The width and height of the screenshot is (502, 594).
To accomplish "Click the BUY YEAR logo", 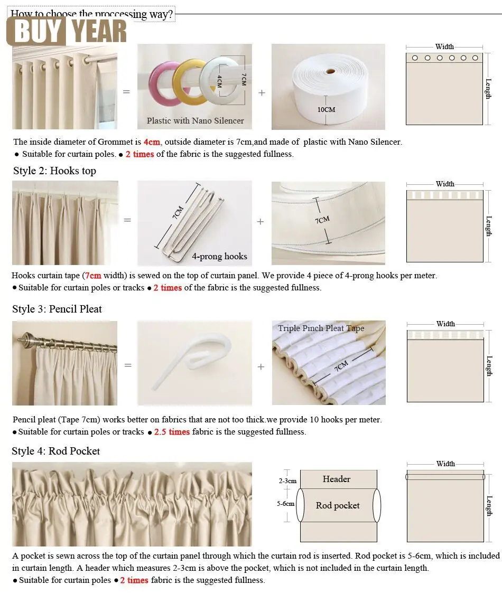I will [67, 31].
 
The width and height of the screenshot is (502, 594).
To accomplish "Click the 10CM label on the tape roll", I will [327, 110].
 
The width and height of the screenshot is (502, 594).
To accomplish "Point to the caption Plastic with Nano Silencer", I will [195, 121].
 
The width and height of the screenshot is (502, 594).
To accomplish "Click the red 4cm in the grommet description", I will [151, 142].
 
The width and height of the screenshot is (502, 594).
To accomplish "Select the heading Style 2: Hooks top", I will [54, 171].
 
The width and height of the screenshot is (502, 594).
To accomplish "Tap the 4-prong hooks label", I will [219, 257].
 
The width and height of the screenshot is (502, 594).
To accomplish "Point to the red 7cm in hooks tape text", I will [93, 276].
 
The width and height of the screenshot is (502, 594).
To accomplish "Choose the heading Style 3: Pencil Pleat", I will [57, 309].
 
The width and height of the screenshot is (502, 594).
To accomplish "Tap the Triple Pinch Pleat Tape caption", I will [321, 328].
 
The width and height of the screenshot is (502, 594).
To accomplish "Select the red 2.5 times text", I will [172, 432].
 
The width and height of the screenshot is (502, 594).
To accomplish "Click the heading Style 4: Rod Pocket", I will [55, 451].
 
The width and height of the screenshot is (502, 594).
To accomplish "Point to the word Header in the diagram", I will [337, 479].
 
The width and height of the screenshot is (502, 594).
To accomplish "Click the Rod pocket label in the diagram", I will [338, 506].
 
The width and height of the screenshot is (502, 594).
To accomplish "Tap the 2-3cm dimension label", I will [287, 482].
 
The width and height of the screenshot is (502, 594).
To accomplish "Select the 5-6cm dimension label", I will [286, 504].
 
